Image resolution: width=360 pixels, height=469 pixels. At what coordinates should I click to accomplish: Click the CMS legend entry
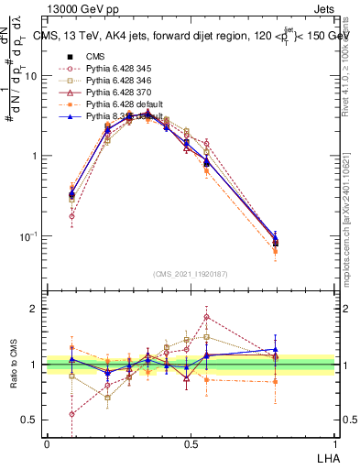[x=96, y=55]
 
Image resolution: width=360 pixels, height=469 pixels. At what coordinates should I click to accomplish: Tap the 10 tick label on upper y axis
[x=30, y=76]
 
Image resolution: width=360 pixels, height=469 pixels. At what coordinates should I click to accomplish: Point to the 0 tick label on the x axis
[x=47, y=444]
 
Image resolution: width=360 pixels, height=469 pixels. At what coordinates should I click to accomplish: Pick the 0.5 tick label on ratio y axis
[x=31, y=420]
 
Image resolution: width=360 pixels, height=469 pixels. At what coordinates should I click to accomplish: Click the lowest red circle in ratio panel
[x=72, y=413]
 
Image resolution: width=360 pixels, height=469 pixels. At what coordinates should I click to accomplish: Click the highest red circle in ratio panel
[x=207, y=318]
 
